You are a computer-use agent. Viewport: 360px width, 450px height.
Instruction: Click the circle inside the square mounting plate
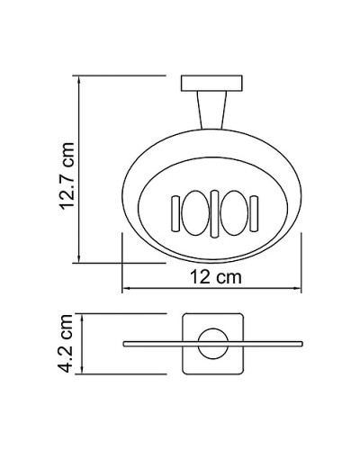coord(212,344)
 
